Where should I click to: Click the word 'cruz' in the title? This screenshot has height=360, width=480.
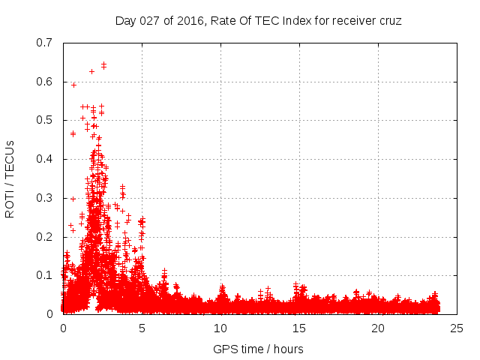[x=389, y=20]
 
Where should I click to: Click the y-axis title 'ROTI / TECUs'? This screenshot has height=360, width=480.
[x=10, y=178]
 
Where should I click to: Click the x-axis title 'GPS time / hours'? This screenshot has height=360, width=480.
[x=258, y=349]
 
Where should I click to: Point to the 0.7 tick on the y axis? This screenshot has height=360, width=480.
[x=44, y=43]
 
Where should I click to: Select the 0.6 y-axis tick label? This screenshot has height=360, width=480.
[x=44, y=81]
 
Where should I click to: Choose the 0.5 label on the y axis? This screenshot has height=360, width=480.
[x=44, y=120]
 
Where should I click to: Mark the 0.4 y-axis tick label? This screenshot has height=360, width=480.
[x=44, y=159]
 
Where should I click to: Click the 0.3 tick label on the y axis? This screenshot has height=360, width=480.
[x=44, y=198]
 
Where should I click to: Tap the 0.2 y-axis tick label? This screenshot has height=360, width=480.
[x=44, y=236]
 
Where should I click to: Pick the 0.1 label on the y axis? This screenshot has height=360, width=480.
[x=44, y=275]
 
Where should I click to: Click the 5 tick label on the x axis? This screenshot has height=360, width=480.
[x=142, y=328]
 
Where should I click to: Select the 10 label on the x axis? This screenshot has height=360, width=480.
[x=220, y=328]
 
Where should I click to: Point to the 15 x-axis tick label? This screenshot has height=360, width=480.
[x=299, y=328]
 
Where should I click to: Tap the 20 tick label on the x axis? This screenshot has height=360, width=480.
[x=378, y=328]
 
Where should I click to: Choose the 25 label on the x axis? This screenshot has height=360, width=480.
[x=457, y=328]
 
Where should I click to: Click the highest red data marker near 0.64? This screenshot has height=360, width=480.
[x=103, y=64]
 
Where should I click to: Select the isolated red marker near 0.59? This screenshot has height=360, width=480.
[x=73, y=85]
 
